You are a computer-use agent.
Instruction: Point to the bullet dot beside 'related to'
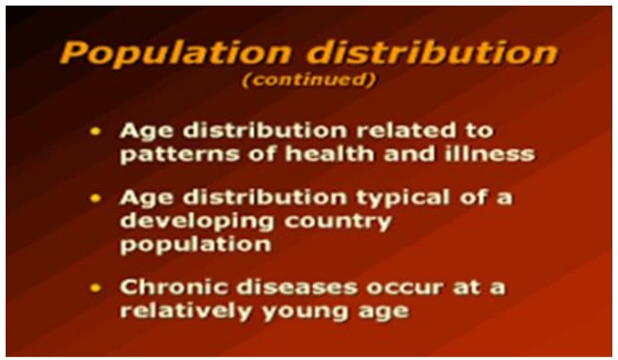(x=95, y=130)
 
